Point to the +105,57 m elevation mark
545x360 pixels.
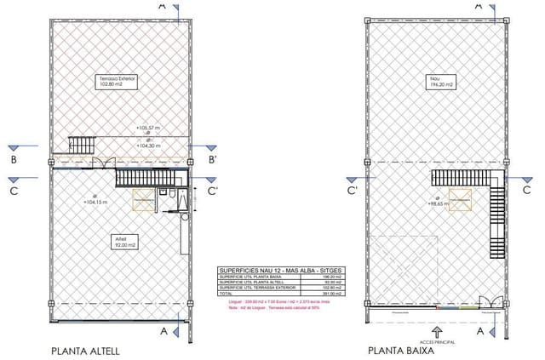coord(148,128)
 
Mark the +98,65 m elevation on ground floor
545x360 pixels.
coord(438,204)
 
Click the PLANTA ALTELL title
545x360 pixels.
coord(85,350)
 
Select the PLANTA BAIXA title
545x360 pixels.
coord(402,350)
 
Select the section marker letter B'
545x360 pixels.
coord(213,159)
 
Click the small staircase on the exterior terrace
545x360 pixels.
coord(80,144)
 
